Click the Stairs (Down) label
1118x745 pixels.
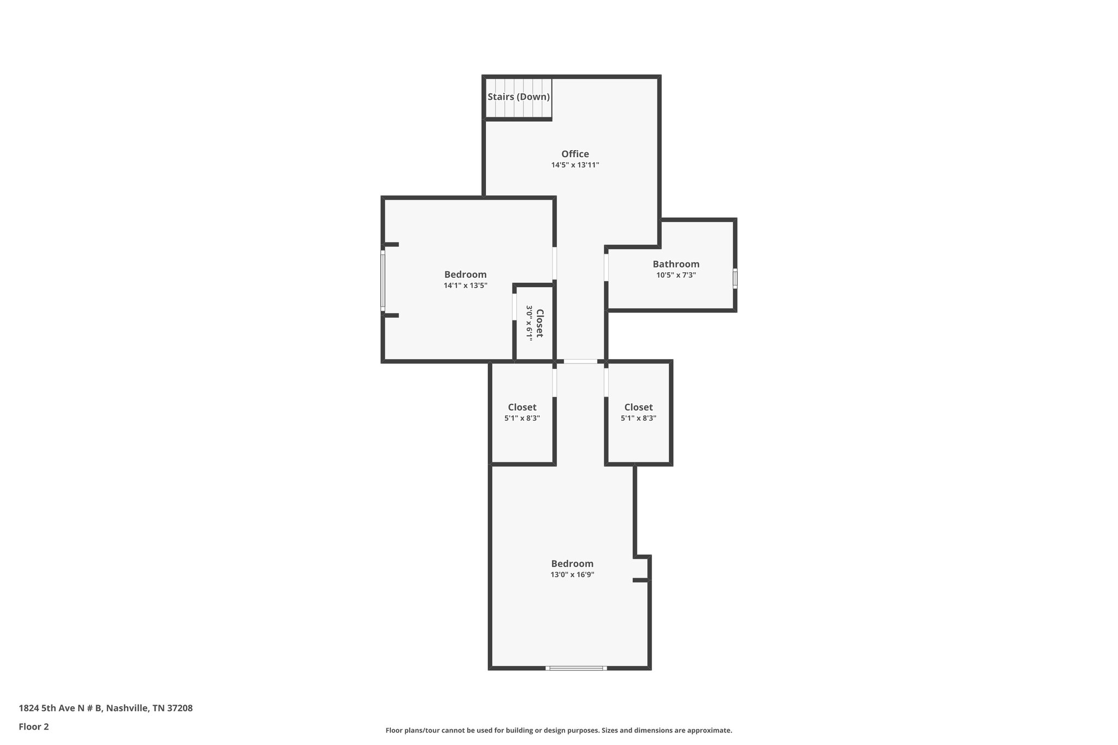[518, 97]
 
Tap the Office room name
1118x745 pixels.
[575, 154]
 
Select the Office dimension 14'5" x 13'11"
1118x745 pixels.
[575, 165]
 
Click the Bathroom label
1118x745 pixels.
[676, 264]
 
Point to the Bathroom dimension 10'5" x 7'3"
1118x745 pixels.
[676, 275]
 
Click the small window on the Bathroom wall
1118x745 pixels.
[735, 278]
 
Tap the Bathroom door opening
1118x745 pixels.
[606, 267]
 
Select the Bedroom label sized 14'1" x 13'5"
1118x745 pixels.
[465, 275]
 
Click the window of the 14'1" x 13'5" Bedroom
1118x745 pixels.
[383, 280]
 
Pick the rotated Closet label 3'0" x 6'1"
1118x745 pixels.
[539, 323]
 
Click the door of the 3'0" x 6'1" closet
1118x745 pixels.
[514, 307]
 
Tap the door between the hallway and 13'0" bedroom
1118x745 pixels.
[580, 361]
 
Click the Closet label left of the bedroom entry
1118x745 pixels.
[522, 407]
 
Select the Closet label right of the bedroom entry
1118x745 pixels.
[638, 407]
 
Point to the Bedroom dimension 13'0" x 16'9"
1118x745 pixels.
[572, 575]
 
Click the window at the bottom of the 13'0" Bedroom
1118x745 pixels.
[576, 667]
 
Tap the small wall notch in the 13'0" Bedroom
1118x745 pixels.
[643, 569]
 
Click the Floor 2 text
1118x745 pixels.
[34, 726]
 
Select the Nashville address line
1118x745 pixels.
[105, 708]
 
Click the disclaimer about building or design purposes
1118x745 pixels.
[558, 730]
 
